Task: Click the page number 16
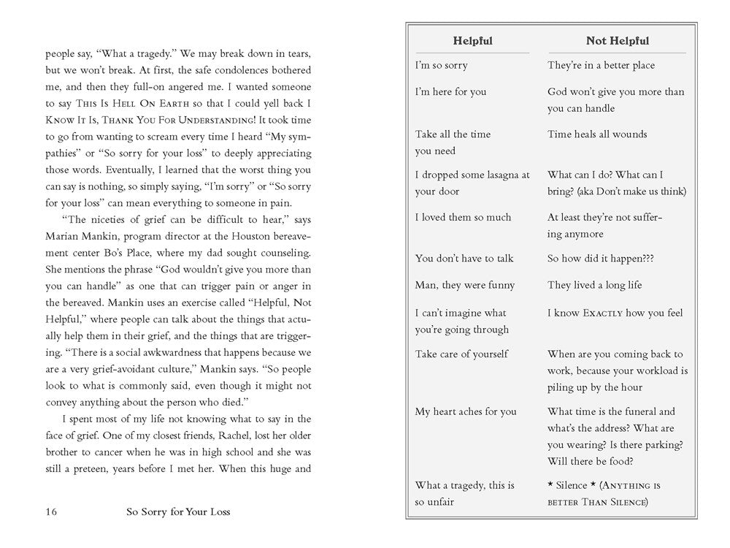(50, 511)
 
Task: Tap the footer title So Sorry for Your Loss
(177, 511)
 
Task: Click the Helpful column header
(472, 41)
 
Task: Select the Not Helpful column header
(617, 41)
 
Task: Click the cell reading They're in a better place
(601, 65)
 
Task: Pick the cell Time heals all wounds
(597, 134)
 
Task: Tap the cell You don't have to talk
(464, 258)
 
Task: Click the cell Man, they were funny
(465, 285)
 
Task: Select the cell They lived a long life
(595, 285)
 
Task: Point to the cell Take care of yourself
(461, 354)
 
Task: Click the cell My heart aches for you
(466, 411)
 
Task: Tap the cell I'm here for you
(450, 92)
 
